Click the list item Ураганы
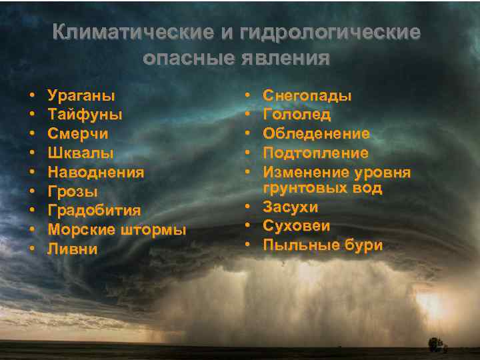[x=81, y=95]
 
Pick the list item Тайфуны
[x=85, y=115]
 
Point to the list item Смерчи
[x=78, y=133]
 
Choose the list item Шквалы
[x=80, y=153]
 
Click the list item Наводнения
[x=95, y=172]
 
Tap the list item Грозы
[x=73, y=192]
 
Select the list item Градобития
[x=94, y=211]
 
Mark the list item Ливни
[x=72, y=249]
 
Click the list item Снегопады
[x=307, y=96]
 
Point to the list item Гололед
[x=297, y=115]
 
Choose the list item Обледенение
[x=316, y=134]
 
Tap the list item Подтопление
[x=315, y=153]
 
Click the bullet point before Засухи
[x=247, y=207]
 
